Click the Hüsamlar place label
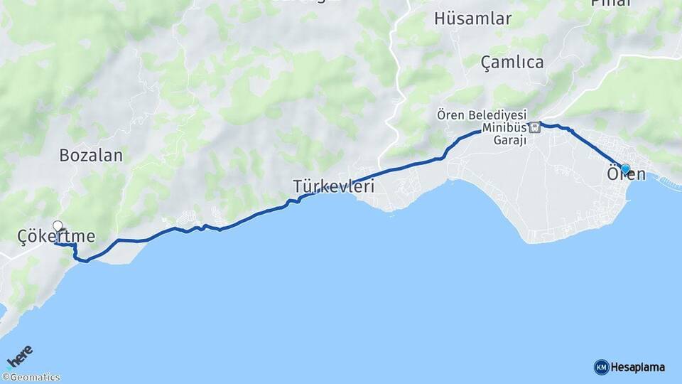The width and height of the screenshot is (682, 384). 472,19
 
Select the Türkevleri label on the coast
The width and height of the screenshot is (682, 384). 334,186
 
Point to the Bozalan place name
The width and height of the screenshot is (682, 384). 91,155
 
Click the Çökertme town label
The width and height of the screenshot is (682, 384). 56,236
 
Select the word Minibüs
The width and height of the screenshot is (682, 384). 504,128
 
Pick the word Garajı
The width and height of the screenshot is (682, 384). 509,140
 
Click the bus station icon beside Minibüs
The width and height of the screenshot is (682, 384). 535,128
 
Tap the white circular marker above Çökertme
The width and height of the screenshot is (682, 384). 58,225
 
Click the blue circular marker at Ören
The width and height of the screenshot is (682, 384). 625,169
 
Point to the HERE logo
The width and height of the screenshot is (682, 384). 19,356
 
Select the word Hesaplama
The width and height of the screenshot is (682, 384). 638,368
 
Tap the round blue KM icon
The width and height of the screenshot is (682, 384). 601,368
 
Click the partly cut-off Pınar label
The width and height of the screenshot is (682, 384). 610,3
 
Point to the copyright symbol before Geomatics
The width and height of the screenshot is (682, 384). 5,378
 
